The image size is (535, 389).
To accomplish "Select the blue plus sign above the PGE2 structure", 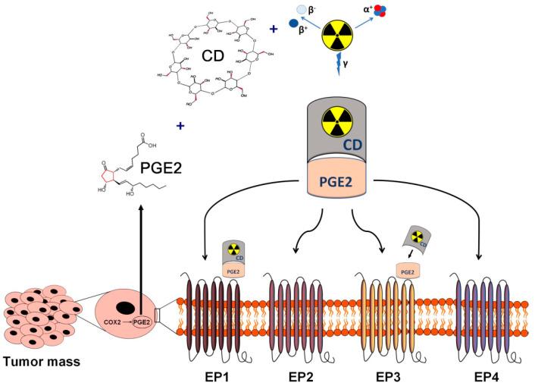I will [x=180, y=127].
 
